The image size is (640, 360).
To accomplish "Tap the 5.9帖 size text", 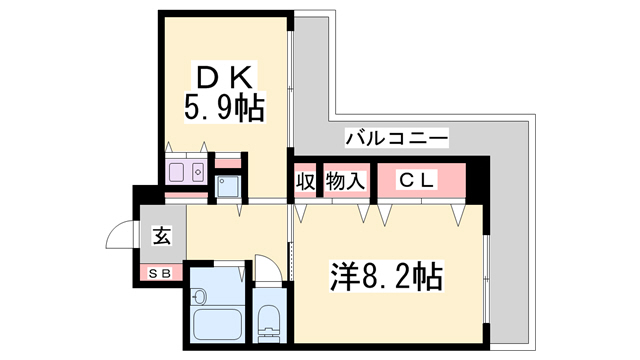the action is tap(224, 108).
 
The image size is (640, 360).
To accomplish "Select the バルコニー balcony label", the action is tap(397, 138).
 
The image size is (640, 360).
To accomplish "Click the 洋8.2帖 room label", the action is tap(386, 276).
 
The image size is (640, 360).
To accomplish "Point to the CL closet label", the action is tap(416, 180).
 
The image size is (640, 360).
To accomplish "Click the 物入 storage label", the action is tap(345, 181).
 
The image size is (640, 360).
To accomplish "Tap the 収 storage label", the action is tap(306, 181).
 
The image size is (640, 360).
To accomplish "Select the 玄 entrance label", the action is tap(162, 236).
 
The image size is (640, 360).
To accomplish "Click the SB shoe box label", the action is tap(160, 273).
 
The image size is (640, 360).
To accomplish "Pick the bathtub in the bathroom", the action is tap(217, 324).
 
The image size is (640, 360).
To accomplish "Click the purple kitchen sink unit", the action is tap(186, 171).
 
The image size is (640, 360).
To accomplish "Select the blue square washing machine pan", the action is tap(228, 187).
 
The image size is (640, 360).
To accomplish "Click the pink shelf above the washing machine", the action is tap(228, 163).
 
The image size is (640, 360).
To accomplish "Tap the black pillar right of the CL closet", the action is tap(478, 180).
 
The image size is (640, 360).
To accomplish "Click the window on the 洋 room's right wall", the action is tap(486, 279).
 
